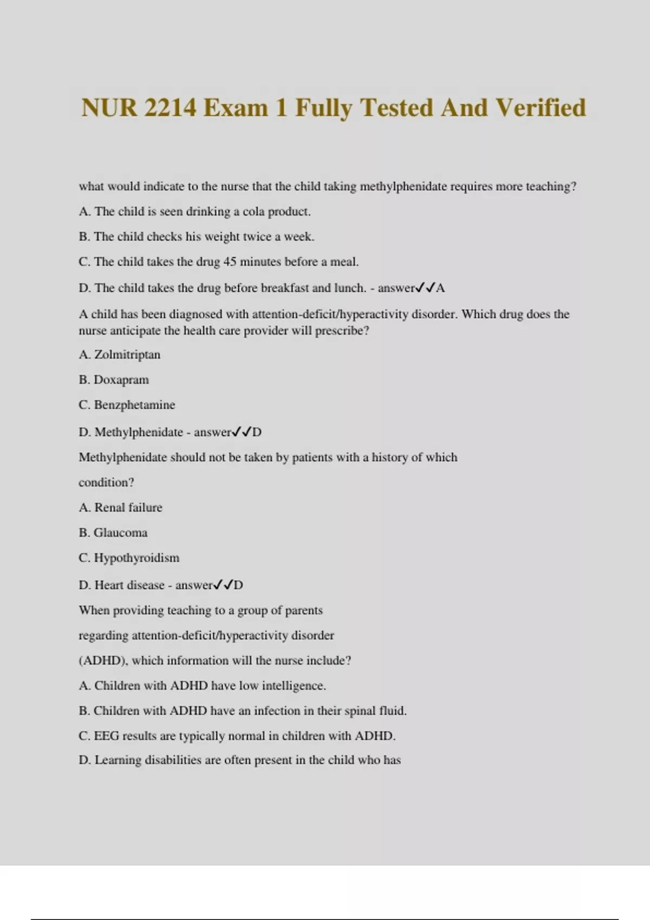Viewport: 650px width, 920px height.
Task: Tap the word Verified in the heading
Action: coord(541,108)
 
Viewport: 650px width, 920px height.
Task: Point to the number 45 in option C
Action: coord(230,262)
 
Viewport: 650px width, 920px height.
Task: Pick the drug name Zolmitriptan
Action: coord(127,354)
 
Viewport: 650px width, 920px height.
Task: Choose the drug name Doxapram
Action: coord(121,380)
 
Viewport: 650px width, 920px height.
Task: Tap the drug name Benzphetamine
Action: coord(134,405)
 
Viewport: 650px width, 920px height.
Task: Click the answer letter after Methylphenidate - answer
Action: coord(257,432)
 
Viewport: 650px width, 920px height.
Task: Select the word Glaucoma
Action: coord(120,533)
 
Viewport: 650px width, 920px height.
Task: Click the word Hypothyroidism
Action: coord(136,558)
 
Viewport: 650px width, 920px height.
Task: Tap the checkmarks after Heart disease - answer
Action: coord(223,585)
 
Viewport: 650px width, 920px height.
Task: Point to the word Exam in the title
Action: coord(236,108)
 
